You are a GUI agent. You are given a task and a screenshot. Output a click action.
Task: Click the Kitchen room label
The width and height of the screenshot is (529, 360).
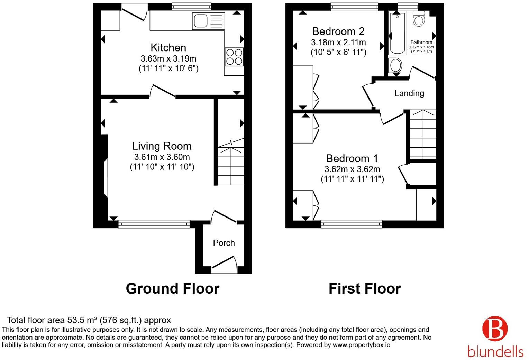(x=168, y=48)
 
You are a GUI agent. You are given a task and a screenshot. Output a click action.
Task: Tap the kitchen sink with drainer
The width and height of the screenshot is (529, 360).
(x=209, y=21)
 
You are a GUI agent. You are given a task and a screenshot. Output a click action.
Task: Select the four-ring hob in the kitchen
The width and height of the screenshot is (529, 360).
(x=234, y=57)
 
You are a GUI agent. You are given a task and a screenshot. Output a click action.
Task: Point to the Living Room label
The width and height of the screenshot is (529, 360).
(x=162, y=146)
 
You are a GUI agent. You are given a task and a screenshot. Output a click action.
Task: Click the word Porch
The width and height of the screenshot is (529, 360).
(x=224, y=243)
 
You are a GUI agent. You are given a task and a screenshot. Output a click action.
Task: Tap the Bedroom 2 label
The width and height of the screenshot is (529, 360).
(x=338, y=31)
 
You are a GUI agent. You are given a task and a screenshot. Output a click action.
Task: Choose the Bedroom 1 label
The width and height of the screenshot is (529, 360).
(x=352, y=158)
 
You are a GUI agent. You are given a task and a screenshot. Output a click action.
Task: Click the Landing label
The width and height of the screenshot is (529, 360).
(x=409, y=93)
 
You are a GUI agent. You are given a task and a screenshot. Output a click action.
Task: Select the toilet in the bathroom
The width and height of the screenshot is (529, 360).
(x=419, y=18)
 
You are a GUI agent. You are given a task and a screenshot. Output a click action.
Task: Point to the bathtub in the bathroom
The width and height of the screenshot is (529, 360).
(x=398, y=33)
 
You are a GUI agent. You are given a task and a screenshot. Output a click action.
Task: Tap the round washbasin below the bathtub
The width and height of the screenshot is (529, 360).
(x=395, y=65)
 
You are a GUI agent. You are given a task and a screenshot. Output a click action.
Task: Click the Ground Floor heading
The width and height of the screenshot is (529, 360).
(x=173, y=289)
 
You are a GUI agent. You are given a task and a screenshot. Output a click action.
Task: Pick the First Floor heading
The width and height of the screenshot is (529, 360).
(x=365, y=289)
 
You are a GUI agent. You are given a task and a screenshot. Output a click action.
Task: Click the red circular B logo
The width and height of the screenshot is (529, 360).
(x=495, y=329)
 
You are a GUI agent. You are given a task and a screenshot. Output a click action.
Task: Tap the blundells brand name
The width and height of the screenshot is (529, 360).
(x=495, y=352)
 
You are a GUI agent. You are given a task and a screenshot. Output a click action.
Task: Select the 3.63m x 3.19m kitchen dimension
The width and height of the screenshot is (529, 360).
(x=168, y=58)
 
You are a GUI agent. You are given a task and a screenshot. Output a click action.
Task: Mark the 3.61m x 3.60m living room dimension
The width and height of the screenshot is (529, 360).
(x=162, y=157)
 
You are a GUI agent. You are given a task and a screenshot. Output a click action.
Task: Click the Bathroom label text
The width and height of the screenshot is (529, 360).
(x=421, y=43)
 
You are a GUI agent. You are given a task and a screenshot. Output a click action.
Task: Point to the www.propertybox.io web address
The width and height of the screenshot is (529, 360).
(x=362, y=345)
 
